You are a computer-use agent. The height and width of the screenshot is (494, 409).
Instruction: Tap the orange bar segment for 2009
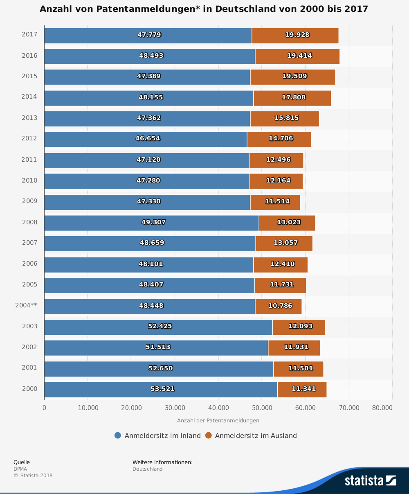click(275, 202)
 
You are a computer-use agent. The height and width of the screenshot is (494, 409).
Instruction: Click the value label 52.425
click(160, 326)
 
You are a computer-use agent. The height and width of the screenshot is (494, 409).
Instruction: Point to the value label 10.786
click(280, 306)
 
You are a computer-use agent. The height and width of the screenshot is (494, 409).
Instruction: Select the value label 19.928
click(297, 35)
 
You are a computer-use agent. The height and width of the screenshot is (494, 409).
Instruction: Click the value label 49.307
click(153, 222)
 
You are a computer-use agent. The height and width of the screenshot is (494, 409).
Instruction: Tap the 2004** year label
click(26, 305)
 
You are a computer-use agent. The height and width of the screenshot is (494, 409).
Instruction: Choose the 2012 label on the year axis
click(29, 138)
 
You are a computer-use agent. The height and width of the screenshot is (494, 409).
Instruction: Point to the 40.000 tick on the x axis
click(218, 408)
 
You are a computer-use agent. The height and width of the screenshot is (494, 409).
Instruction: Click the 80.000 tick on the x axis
click(382, 408)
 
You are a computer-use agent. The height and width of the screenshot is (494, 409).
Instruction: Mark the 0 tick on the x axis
click(44, 408)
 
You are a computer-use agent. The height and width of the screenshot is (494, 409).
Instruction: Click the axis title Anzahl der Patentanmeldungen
click(218, 420)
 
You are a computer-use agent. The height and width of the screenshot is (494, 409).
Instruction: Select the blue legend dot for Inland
click(118, 435)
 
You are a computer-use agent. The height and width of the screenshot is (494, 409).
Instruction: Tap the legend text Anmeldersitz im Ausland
click(256, 436)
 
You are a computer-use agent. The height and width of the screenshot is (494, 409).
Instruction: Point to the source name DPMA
click(20, 469)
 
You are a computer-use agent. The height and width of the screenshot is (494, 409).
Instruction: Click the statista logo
click(370, 480)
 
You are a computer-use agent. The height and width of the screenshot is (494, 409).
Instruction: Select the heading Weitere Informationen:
click(162, 462)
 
